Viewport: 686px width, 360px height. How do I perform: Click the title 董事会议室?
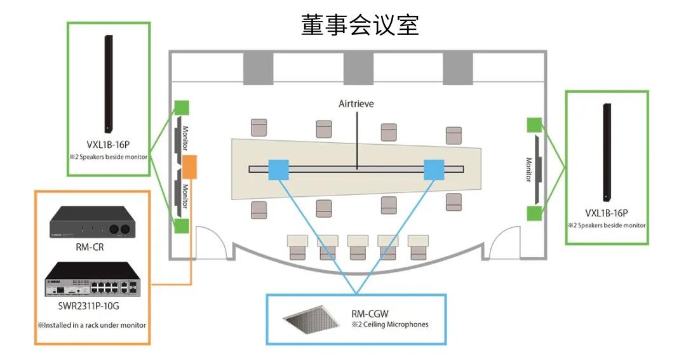tap(360, 25)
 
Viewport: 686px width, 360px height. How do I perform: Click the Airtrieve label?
tap(356, 103)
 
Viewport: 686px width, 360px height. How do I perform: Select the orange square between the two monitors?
tap(189, 166)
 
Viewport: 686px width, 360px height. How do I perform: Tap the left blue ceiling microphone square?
tap(278, 170)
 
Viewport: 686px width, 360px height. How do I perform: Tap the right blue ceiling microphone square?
tap(434, 170)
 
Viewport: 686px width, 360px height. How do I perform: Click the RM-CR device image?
tap(91, 222)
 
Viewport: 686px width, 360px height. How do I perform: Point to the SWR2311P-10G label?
tap(88, 306)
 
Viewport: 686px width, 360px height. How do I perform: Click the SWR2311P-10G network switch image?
tap(93, 279)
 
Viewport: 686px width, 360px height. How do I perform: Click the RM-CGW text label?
tap(370, 314)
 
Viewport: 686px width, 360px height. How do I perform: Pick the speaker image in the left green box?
tap(108, 84)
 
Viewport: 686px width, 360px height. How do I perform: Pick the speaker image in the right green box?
tap(607, 152)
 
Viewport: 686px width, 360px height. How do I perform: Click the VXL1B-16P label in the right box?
tap(607, 213)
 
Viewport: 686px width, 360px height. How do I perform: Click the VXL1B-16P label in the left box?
tap(108, 145)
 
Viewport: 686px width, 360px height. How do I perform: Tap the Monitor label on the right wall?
tap(528, 170)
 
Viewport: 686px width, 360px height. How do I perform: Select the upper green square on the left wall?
tap(182, 108)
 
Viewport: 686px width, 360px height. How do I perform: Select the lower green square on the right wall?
tap(534, 213)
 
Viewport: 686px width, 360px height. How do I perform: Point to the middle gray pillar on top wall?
tap(358, 67)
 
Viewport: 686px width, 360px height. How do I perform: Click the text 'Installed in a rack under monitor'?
tap(92, 325)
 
